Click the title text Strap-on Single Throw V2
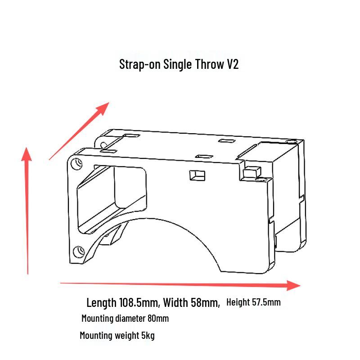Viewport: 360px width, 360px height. pos(179,64)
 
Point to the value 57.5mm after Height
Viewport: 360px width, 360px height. pos(266,302)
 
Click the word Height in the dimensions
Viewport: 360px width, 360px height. pos(238,302)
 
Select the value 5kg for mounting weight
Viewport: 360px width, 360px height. pos(148,335)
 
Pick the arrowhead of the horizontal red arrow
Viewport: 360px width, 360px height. pos(293,285)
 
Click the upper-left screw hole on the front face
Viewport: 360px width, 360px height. pos(76,164)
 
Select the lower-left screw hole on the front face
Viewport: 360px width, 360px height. pos(78,252)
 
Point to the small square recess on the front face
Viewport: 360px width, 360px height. pos(197,175)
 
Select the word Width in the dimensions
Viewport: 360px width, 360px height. pos(175,302)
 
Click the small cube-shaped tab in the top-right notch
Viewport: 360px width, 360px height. pos(252,171)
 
